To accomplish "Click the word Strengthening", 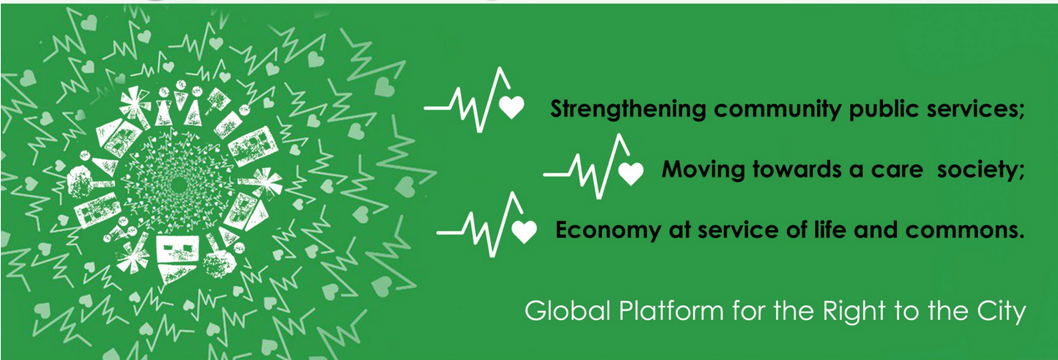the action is pos(628,109).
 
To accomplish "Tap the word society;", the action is pos(980,170).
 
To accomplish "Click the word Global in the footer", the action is pos(568,311).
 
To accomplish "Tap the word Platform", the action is pos(671,311).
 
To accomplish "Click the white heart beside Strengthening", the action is pos(512,107).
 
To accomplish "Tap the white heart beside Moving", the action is pos(631,173).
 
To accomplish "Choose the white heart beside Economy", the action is pos(524,232).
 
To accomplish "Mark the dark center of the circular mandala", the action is pos(178,186).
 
